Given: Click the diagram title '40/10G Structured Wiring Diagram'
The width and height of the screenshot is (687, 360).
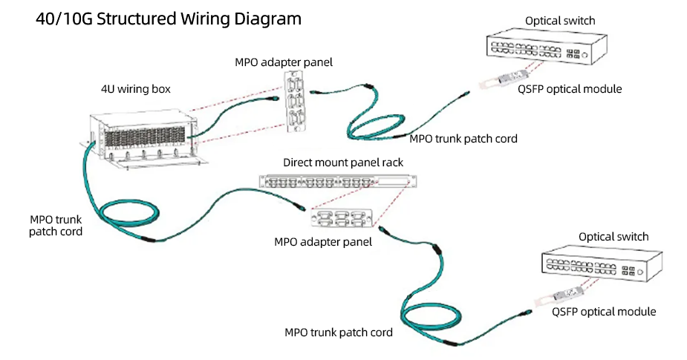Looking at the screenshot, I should pyautogui.click(x=169, y=19).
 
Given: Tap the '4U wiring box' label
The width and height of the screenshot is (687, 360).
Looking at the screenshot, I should pyautogui.click(x=136, y=89).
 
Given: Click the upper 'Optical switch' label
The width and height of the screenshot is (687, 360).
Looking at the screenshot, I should pyautogui.click(x=560, y=21).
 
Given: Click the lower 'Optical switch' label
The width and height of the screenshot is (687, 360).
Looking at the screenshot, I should pyautogui.click(x=613, y=237).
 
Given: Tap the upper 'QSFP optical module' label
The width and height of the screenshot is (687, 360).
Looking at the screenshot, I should pyautogui.click(x=569, y=89).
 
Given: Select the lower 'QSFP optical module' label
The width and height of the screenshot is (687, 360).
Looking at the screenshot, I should pyautogui.click(x=604, y=312).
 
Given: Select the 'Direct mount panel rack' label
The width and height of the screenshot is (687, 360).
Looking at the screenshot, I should pyautogui.click(x=342, y=162).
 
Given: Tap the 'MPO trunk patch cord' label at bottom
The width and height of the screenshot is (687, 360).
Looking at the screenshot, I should pyautogui.click(x=339, y=332).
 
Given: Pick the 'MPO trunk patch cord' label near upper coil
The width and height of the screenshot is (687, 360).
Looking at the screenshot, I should pyautogui.click(x=463, y=139).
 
